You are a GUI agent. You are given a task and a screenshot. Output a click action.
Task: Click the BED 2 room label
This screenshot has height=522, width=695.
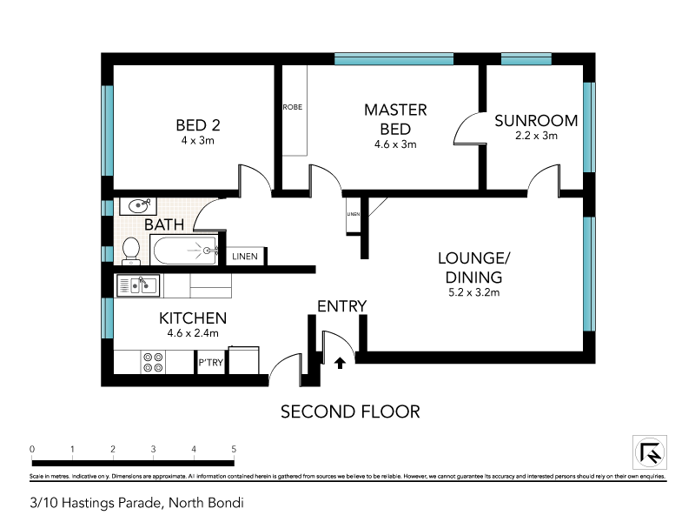coord(196,124)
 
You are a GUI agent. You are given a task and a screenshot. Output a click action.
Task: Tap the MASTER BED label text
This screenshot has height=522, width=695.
coord(395,119)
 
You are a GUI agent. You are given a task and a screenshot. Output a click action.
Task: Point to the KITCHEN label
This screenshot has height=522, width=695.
coord(192,318)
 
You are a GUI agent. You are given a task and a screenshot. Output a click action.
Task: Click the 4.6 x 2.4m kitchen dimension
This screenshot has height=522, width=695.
coord(192,332)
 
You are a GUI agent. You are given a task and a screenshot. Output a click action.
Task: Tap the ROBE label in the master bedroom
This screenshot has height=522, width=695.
coord(292,107)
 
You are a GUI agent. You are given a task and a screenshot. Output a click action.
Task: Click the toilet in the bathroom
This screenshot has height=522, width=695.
coord(131,250)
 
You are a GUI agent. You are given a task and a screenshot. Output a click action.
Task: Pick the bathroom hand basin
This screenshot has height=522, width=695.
coord(137,205)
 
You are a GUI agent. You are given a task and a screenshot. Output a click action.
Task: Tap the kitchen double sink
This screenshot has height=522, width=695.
coord(136,284)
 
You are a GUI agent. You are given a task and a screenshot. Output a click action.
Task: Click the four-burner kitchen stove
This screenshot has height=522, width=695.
coord(154,362)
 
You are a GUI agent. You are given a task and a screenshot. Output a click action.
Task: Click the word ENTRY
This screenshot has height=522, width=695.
coord(341,305)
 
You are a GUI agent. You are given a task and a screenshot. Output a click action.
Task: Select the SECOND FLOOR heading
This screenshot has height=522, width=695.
coord(349,412)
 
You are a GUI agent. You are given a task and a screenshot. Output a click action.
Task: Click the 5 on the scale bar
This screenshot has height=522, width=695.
coord(234,449)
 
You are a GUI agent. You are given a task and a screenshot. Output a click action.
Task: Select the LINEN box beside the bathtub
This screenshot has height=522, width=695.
coord(244,257)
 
